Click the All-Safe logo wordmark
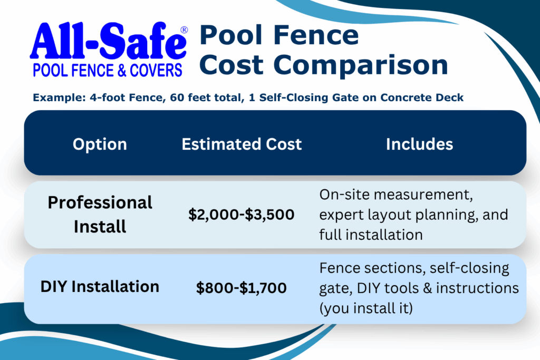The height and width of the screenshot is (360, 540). (x=108, y=42)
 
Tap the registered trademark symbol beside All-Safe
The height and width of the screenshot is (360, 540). (x=184, y=30)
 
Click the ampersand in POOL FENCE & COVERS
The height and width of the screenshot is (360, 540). (x=122, y=71)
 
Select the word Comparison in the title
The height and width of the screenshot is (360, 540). (x=361, y=66)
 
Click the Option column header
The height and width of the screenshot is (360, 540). (x=100, y=144)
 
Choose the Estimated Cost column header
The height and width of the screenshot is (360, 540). (x=242, y=144)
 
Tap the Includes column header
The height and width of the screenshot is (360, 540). (x=419, y=144)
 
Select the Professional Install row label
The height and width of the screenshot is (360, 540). (x=100, y=215)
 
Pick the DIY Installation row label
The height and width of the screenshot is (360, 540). (x=100, y=287)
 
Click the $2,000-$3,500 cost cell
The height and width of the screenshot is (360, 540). (x=242, y=215)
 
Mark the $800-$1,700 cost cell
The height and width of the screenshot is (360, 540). (x=242, y=288)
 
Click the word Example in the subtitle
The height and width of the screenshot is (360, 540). (x=59, y=98)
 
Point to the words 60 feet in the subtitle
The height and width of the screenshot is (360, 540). (x=192, y=98)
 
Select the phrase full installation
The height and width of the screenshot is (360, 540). (x=371, y=235)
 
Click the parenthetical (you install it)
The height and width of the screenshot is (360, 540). (x=366, y=308)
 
